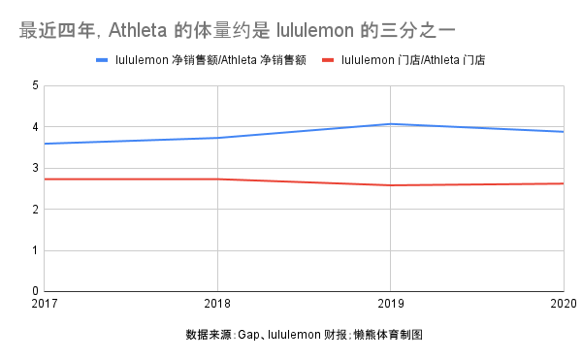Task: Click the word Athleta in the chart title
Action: [138, 30]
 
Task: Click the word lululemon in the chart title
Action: [315, 30]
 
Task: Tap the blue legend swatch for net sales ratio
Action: [102, 60]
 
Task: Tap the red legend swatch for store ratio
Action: [328, 60]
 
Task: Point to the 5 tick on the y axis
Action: [35, 85]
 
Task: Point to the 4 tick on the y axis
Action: [35, 127]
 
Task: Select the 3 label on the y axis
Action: [35, 168]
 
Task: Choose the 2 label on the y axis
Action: [35, 210]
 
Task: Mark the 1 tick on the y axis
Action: [35, 250]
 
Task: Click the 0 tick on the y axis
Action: [35, 291]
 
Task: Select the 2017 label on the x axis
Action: [45, 304]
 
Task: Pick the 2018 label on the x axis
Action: [217, 304]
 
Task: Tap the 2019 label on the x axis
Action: [391, 304]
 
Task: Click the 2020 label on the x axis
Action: [564, 304]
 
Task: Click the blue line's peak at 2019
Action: [391, 124]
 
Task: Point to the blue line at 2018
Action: [217, 138]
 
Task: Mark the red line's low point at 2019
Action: [391, 185]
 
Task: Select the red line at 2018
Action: [217, 180]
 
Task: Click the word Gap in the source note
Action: [248, 335]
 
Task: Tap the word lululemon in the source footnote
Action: [294, 335]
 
